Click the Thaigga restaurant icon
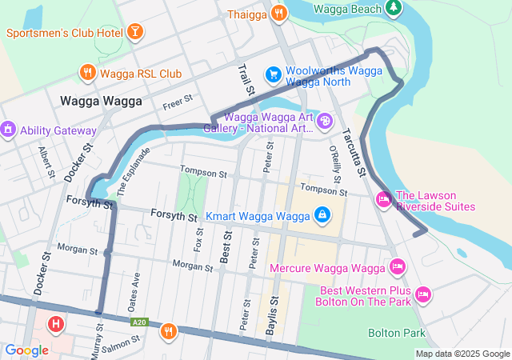click(279, 13)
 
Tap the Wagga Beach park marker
click(393, 8)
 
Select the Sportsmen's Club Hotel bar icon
click(135, 32)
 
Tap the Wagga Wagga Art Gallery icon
click(325, 121)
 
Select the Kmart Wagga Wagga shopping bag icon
click(321, 214)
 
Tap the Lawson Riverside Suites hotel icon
click(383, 198)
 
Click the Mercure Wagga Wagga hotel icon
click(396, 266)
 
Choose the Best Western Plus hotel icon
click(424, 295)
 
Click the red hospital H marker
click(55, 325)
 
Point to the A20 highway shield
click(140, 322)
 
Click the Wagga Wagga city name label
click(101, 102)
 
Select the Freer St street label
click(178, 103)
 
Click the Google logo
click(27, 350)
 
